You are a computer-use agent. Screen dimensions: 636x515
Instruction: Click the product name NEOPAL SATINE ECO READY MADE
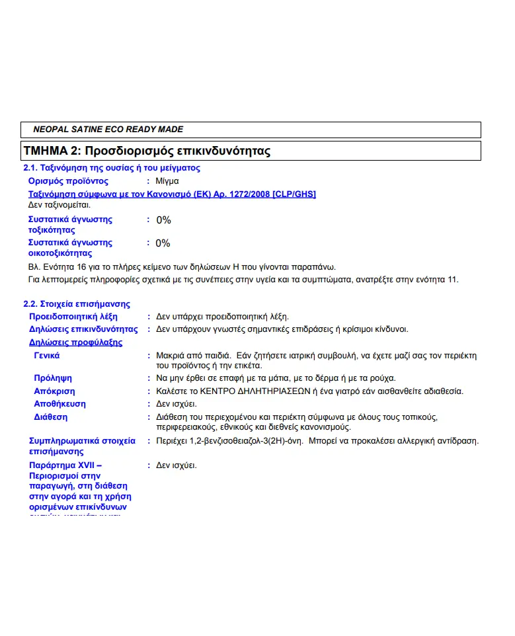108,130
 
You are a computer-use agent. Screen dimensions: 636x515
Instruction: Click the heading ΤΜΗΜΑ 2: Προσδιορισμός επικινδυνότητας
147,151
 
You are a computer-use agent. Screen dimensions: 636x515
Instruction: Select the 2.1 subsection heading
112,168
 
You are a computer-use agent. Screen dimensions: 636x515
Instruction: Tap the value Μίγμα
167,180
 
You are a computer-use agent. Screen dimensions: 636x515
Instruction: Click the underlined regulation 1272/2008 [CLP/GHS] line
172,194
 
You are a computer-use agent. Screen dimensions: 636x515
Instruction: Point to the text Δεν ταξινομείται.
59,205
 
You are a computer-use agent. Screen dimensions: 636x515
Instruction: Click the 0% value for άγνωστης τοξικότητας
163,219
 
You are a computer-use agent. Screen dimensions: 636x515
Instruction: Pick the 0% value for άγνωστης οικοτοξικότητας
163,243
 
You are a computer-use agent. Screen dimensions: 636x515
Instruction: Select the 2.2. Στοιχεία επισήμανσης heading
77,304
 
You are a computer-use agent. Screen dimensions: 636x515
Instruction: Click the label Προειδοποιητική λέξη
73,317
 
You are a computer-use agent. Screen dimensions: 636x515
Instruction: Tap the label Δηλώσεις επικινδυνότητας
83,329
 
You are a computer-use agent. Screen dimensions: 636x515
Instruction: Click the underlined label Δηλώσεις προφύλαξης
75,342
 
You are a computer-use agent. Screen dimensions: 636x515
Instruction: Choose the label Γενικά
46,356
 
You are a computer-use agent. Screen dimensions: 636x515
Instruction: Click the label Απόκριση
54,391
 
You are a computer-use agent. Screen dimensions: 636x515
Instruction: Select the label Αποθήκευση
59,404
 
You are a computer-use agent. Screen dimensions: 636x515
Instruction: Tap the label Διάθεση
50,417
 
